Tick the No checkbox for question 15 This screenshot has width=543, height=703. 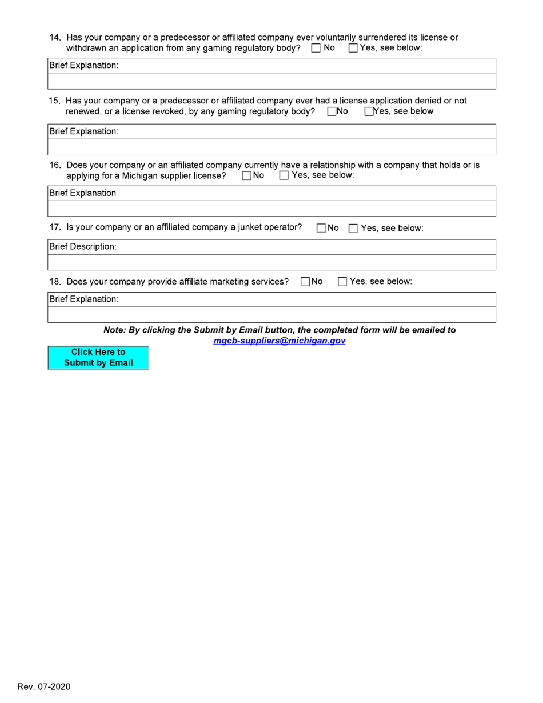(x=332, y=111)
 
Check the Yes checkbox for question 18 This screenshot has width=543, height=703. (x=341, y=281)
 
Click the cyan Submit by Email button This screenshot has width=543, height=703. (x=98, y=357)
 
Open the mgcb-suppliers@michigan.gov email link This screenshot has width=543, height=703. (x=279, y=341)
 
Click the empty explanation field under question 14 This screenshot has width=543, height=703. (x=271, y=81)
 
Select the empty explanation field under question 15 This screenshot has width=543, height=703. (x=271, y=147)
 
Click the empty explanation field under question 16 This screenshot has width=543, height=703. (x=271, y=209)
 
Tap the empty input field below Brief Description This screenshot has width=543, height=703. (x=271, y=262)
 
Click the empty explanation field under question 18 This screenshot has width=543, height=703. (x=271, y=315)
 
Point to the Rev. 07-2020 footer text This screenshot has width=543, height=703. (x=44, y=686)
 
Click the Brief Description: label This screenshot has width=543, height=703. (x=83, y=247)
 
